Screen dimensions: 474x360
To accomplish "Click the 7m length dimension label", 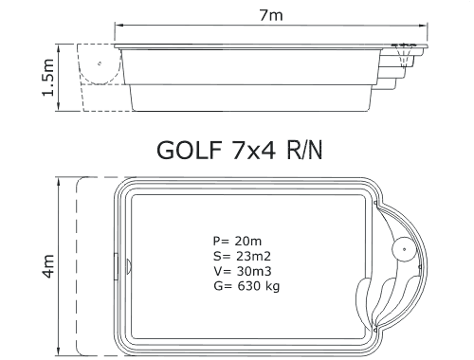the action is [x=271, y=15].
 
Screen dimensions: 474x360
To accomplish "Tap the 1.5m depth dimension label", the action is [x=48, y=78].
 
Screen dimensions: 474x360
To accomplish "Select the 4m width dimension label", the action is [x=48, y=266].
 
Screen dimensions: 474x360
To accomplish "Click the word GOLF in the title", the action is [x=189, y=150].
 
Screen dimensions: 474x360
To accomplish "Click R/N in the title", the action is [x=304, y=150].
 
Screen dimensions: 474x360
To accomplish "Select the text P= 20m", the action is [x=237, y=241].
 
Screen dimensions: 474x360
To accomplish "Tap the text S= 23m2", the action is [x=242, y=256].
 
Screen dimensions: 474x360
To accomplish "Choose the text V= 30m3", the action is [x=242, y=271].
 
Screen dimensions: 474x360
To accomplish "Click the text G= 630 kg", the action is [x=246, y=286].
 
